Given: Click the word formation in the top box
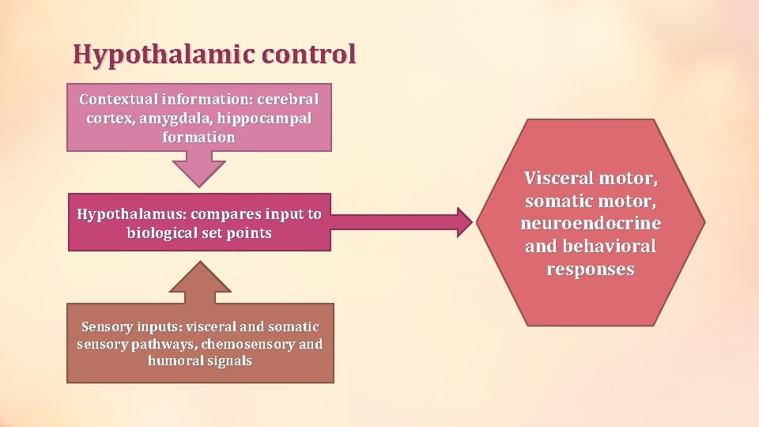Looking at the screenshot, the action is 198,137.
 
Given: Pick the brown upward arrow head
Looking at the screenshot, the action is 201,277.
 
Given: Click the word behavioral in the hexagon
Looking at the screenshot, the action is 609,247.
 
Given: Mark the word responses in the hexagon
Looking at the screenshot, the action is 590,270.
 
